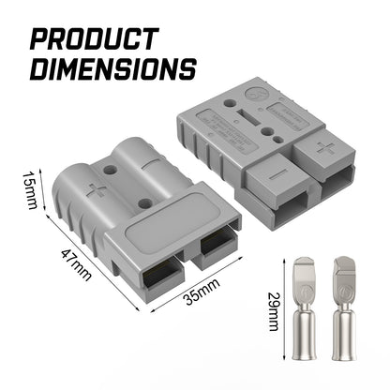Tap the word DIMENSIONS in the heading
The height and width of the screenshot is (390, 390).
tap(112, 68)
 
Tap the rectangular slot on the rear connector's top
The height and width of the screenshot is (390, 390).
tap(233, 121)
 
